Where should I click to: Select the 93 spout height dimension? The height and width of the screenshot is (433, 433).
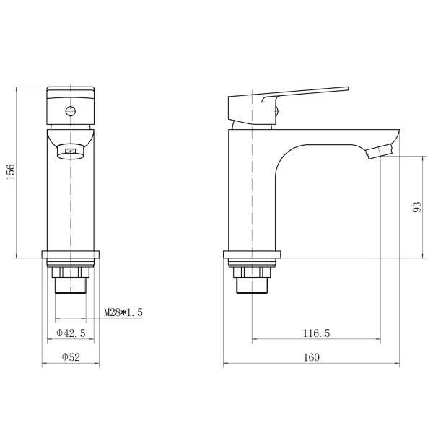[x=416, y=207]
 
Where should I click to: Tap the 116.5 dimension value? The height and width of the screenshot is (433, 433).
[x=317, y=333]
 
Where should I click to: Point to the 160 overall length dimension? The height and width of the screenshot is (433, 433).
[x=311, y=357]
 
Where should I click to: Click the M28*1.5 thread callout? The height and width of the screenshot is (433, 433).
[x=123, y=312]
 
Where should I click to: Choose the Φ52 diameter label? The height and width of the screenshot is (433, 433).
[x=71, y=357]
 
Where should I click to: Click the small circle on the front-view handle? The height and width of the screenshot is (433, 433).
[x=71, y=111]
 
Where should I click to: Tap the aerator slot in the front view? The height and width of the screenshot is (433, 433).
[x=71, y=151]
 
